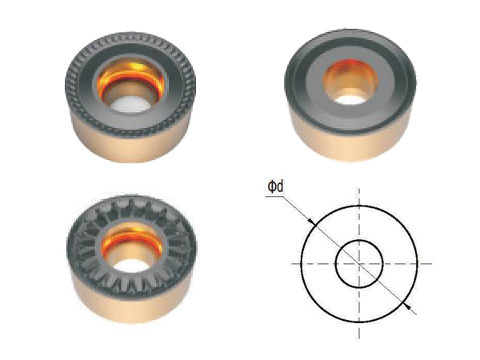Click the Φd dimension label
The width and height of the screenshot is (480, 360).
275,186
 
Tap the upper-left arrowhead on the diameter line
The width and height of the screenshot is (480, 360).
310,221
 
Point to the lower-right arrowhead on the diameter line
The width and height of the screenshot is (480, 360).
407,306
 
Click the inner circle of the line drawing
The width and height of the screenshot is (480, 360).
336,263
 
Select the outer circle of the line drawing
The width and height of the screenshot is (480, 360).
302,263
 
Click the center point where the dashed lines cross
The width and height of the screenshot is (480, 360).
359,263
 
